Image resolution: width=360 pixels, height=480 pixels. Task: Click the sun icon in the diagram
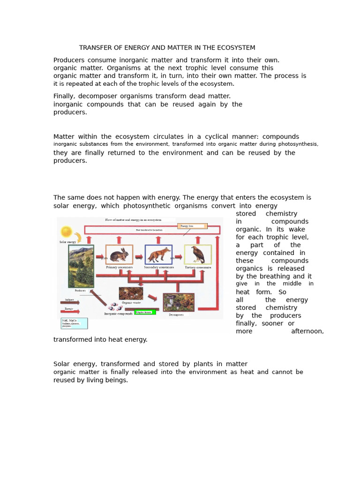[x=66, y=232]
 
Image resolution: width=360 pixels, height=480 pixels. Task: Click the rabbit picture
[x=119, y=255]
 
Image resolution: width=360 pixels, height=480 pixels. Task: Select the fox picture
[x=158, y=255]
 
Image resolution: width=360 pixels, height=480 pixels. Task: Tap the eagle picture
[x=197, y=255]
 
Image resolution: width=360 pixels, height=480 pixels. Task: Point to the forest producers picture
[x=81, y=266]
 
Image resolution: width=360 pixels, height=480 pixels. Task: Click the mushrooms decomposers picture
[x=179, y=302]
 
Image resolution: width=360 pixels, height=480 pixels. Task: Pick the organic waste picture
[x=131, y=293]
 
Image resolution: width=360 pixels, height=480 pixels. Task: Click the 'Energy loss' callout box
[x=192, y=226]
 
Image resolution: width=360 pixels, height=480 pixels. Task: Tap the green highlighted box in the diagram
[x=145, y=312]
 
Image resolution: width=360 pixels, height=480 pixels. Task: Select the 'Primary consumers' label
[x=119, y=268]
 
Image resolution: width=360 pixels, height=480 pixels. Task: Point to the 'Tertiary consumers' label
[x=197, y=268]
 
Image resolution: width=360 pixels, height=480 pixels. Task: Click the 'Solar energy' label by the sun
[x=68, y=242]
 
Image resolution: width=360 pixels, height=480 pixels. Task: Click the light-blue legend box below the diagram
[x=74, y=323]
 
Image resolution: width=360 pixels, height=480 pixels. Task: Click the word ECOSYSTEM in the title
[x=234, y=47]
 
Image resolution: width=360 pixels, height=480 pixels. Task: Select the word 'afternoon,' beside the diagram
[x=307, y=331]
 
